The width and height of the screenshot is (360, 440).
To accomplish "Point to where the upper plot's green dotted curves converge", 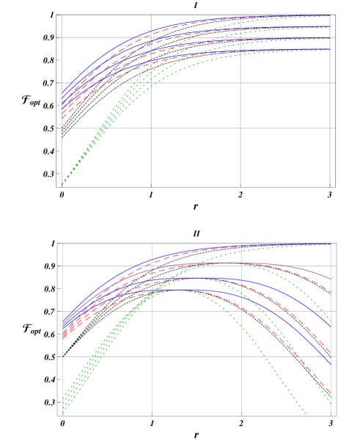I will click(62, 183).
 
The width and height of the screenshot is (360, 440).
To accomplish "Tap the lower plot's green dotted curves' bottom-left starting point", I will click(63, 413).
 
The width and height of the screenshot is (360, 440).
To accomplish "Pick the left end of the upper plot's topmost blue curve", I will click(62, 94).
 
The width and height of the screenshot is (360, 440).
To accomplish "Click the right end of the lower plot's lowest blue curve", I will click(331, 364).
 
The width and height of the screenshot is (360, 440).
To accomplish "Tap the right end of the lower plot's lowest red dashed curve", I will click(331, 393).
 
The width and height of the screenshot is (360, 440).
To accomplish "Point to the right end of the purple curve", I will click(331, 279).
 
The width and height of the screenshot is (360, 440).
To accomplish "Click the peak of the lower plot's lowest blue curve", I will click(176, 290).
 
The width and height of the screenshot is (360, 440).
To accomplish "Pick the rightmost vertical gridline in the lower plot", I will click(331, 330).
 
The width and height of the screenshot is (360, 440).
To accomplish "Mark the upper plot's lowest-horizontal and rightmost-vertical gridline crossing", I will click(330, 128).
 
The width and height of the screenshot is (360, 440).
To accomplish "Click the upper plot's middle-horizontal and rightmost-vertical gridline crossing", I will click(330, 83).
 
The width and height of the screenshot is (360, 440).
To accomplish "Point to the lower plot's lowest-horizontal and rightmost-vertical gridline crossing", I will click(331, 357).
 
